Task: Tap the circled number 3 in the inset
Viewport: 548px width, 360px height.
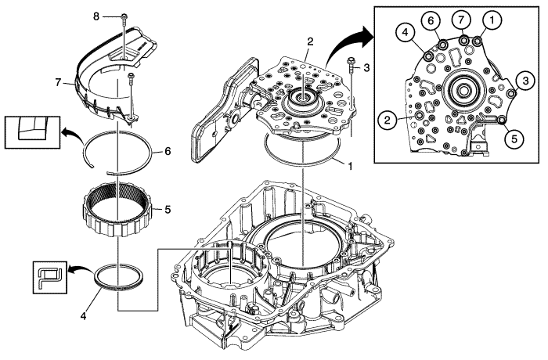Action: pyautogui.click(x=528, y=80)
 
